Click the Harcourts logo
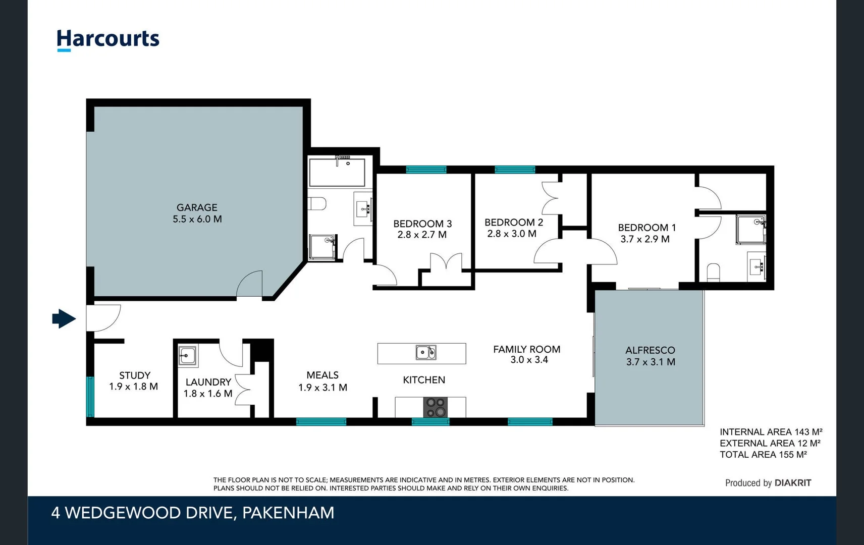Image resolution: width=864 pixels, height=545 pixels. pos(107,39)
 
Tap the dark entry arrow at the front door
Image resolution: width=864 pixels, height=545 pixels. pos(64,318)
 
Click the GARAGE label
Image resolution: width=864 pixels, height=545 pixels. pos(197,207)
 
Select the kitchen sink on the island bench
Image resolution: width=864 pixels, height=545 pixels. pos(425,352)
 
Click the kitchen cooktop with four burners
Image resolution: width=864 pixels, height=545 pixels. pos(436,407)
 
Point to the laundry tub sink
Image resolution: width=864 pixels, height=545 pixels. pos(188,356)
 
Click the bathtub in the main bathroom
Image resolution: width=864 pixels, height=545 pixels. pos(337,173)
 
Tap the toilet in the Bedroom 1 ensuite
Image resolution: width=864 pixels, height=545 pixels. pos(713,271)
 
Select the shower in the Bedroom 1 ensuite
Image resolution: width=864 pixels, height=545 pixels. pos(750,230)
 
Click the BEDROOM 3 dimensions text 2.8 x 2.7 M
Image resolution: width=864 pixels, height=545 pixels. pos(422,235)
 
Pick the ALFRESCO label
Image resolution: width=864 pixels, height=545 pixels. pos(650,350)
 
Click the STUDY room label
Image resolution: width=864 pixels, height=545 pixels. pos(134,375)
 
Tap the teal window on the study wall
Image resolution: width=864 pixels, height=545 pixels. pos(90,396)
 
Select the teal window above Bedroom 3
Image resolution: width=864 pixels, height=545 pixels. pos(426,170)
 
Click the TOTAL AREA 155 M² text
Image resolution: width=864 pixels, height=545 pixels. pos(763,455)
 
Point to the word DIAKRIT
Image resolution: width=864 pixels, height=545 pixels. pos(792,483)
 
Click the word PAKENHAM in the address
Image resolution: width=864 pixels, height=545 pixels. pos(288,513)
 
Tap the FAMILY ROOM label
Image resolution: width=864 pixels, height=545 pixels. pos(526,349)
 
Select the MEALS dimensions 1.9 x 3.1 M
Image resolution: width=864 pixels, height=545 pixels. pos(322,388)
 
